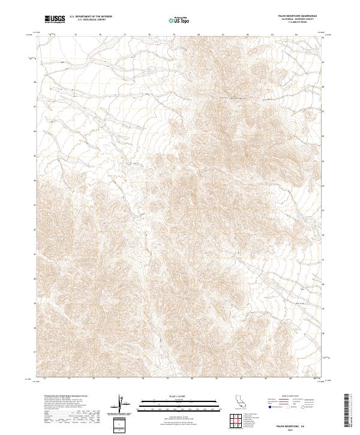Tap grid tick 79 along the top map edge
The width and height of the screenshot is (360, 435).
point(174,35)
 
